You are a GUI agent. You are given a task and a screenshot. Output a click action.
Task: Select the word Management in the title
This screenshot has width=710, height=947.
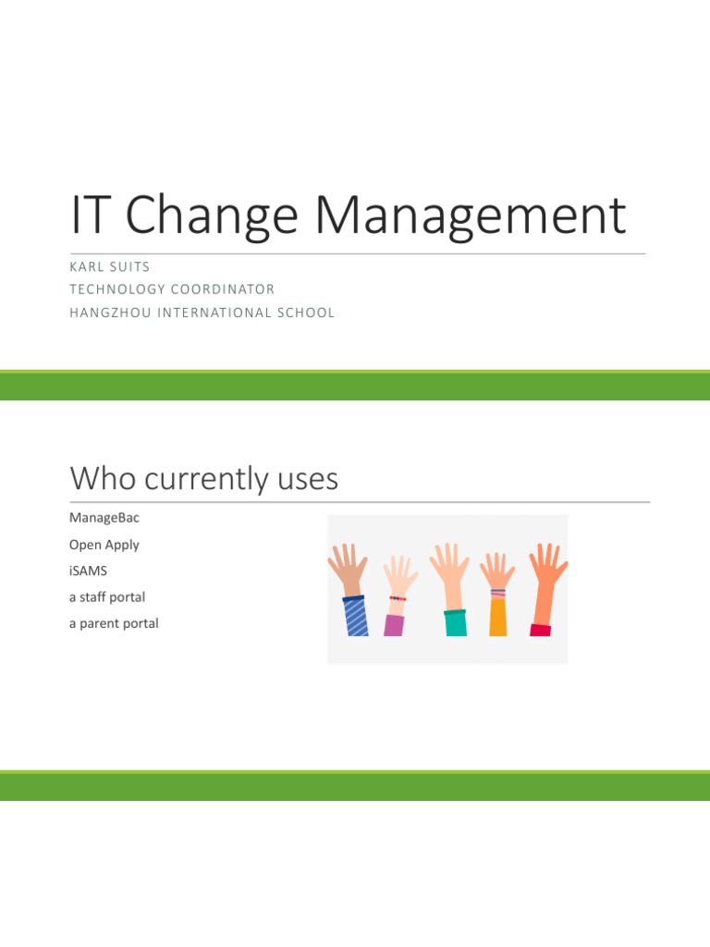click(470, 215)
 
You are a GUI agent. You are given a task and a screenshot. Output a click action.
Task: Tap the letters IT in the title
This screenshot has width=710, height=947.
click(92, 215)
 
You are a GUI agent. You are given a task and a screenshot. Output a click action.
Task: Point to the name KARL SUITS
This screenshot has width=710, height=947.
click(109, 266)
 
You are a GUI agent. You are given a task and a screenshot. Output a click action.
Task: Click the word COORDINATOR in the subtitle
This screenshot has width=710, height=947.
click(223, 289)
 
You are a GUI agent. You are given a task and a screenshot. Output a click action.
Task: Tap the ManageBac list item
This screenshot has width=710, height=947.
click(104, 518)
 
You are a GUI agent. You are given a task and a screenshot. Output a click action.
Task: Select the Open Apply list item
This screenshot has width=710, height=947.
click(104, 545)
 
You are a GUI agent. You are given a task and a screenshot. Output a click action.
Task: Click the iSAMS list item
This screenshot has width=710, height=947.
click(88, 571)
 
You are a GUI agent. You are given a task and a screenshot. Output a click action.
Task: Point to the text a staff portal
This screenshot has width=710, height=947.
click(106, 597)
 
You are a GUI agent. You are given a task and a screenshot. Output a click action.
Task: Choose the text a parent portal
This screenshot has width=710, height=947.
click(113, 623)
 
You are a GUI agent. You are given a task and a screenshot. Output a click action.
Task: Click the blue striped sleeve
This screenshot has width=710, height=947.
click(356, 617)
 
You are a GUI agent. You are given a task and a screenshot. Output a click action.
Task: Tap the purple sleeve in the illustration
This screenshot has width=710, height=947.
click(394, 624)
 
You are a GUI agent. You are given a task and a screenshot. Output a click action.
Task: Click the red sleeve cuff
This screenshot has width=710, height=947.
click(540, 630)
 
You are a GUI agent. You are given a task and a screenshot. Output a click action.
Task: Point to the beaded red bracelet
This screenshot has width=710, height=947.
click(398, 598)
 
